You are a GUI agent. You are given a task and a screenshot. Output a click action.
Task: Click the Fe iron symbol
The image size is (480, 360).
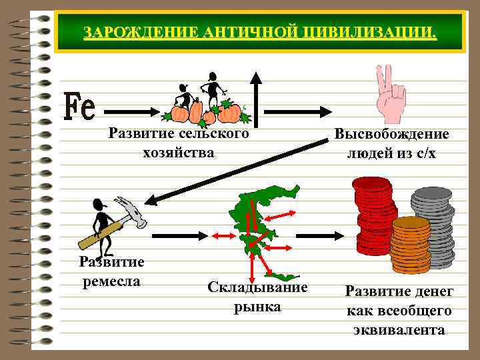click(79, 107)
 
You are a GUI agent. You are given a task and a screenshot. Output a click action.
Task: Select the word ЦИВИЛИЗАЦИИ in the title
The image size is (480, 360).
click(377, 33)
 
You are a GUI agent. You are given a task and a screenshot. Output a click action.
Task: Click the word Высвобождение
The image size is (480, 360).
click(392, 134)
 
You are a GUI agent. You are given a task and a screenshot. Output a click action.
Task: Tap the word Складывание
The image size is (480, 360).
click(257, 287)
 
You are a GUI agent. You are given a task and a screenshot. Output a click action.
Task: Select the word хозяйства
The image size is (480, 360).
click(179, 153)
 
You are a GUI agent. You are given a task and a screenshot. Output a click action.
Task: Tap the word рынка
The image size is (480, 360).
click(257, 307)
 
